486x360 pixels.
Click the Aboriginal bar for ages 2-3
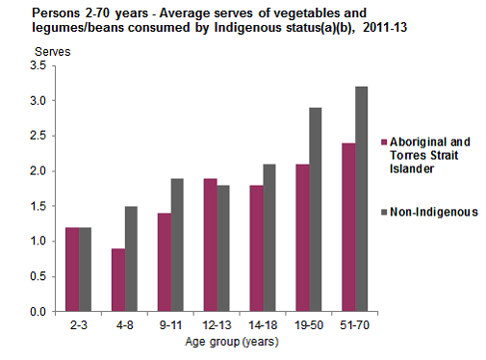tap(72, 270)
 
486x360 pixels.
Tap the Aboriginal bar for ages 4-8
tap(117, 280)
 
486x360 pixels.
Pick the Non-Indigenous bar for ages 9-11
tap(176, 244)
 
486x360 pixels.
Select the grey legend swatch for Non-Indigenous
tap(383, 213)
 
